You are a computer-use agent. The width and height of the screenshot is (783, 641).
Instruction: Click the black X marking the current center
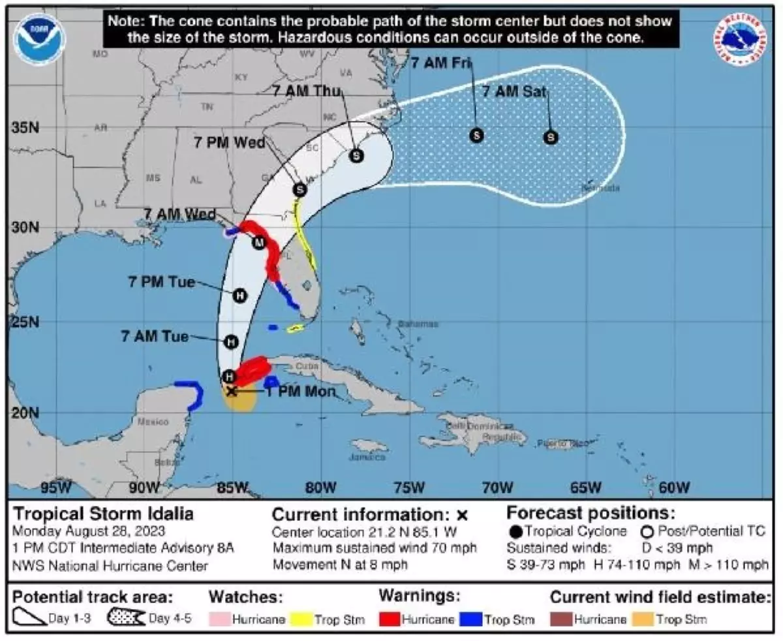coord(231,391)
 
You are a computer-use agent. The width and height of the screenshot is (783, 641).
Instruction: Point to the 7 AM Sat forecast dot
coord(551,137)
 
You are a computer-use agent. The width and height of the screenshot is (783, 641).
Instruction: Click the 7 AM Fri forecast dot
coord(476,135)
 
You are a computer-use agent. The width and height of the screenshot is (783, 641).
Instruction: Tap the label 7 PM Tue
coord(162,282)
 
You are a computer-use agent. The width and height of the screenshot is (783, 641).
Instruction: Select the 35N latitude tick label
coord(25,127)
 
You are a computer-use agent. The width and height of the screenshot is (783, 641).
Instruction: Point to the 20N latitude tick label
coord(25,413)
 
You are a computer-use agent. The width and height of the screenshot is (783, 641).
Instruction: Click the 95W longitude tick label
coord(55,488)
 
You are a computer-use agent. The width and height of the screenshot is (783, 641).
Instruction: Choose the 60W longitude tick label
coord(674,488)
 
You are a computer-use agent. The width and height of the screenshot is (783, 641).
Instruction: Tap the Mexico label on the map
coord(153,422)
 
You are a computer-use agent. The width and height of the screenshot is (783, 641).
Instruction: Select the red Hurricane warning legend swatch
coord(390,619)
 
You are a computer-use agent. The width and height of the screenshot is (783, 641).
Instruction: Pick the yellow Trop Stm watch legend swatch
coord(301,619)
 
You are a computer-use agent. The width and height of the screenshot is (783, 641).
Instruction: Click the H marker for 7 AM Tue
coord(230,341)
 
